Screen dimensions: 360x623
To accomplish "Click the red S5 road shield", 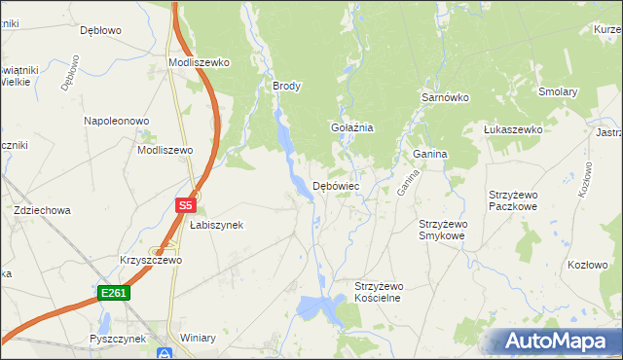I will (x=186, y=205).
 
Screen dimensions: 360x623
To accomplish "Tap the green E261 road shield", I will (x=113, y=292).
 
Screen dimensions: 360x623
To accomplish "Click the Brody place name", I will (x=287, y=86).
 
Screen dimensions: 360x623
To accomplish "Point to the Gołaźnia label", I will (x=352, y=127).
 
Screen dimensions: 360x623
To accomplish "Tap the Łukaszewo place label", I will (x=513, y=128).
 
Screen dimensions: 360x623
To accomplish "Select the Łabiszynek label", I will (x=216, y=224).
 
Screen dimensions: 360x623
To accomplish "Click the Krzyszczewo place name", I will (x=151, y=261).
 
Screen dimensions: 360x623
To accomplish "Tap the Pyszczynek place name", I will (x=117, y=339).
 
